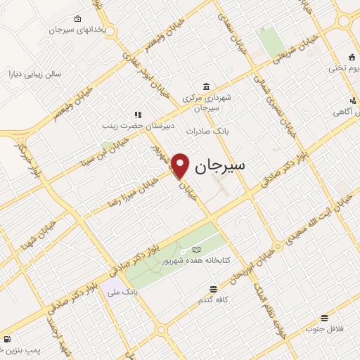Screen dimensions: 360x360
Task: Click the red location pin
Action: click(x=181, y=165)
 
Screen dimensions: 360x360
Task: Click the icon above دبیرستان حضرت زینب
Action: click(x=138, y=114)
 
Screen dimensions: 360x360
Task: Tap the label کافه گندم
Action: click(x=213, y=300)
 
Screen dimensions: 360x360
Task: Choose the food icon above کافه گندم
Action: click(x=213, y=289)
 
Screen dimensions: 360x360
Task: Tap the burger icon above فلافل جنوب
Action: click(x=323, y=318)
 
